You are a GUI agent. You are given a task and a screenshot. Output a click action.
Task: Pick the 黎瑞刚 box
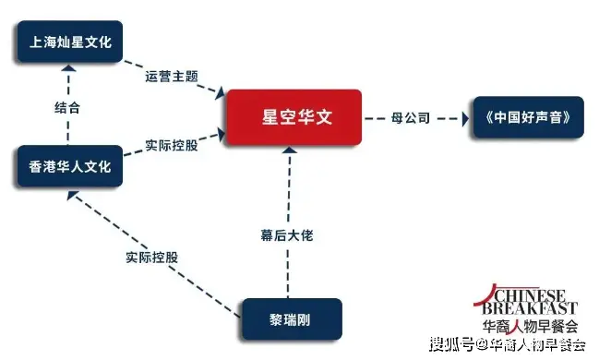coord(292,319)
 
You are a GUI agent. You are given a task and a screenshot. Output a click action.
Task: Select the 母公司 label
coord(413,118)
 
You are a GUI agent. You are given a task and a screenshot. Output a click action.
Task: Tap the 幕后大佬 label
coord(289,235)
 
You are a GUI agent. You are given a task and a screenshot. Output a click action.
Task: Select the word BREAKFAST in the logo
coord(533,308)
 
